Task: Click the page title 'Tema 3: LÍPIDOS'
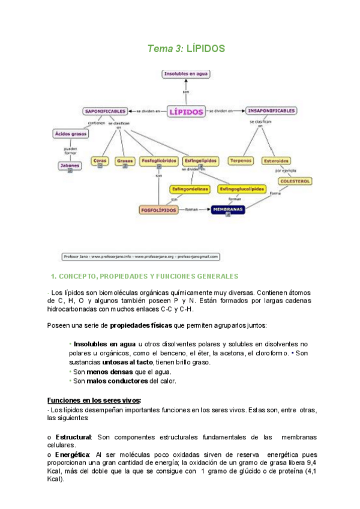[x=186, y=49]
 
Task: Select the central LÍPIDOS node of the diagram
[x=186, y=112]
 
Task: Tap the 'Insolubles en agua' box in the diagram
[x=186, y=74]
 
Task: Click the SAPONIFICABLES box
[x=105, y=111]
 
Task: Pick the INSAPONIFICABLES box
[x=271, y=111]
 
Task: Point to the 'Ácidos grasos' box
[x=71, y=134]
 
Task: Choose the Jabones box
[x=70, y=165]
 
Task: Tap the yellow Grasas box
[x=125, y=161]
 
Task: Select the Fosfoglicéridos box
[x=158, y=161]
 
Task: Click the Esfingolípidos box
[x=200, y=161]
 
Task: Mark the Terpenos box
[x=241, y=161]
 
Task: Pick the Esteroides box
[x=277, y=161]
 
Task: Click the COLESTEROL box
[x=295, y=181]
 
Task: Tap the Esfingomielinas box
[x=189, y=189]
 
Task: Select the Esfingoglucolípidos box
[x=242, y=189]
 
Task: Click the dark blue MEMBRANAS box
[x=227, y=210]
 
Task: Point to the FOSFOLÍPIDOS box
[x=158, y=210]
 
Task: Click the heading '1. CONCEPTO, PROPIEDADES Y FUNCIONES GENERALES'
[x=145, y=276]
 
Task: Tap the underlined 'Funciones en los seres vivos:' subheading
[x=94, y=400]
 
